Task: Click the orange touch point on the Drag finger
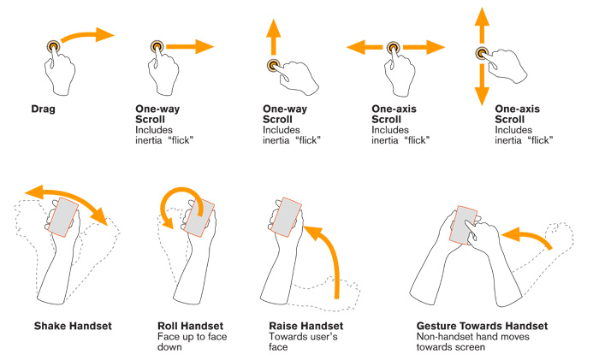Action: (54, 46)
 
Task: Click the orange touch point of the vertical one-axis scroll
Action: (482, 53)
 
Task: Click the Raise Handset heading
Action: (305, 326)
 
